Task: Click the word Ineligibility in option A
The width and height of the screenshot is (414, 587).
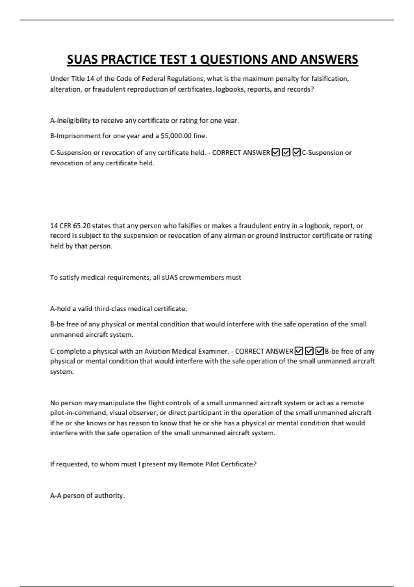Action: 73,121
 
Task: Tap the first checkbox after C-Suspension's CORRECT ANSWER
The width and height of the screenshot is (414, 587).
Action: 276,152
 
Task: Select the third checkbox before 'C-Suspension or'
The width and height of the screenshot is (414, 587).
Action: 296,152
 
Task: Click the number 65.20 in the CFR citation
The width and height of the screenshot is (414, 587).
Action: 81,226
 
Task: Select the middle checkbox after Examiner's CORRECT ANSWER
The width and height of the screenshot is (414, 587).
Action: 309,351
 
